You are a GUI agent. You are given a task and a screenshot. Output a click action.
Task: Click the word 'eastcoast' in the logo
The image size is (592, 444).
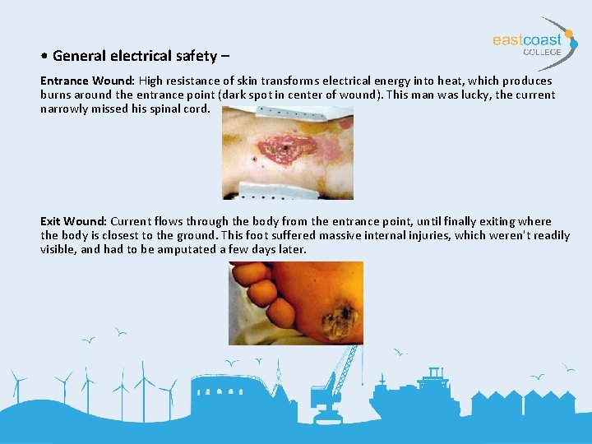[x=527, y=39]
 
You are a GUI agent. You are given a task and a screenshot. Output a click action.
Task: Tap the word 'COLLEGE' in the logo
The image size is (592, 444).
[x=543, y=53]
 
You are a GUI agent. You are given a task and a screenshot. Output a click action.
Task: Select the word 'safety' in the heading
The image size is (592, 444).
[x=197, y=56]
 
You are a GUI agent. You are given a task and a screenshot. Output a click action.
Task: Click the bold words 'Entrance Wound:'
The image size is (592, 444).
[x=88, y=81]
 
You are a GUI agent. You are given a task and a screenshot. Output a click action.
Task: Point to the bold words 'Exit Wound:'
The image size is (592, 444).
[x=73, y=221]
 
